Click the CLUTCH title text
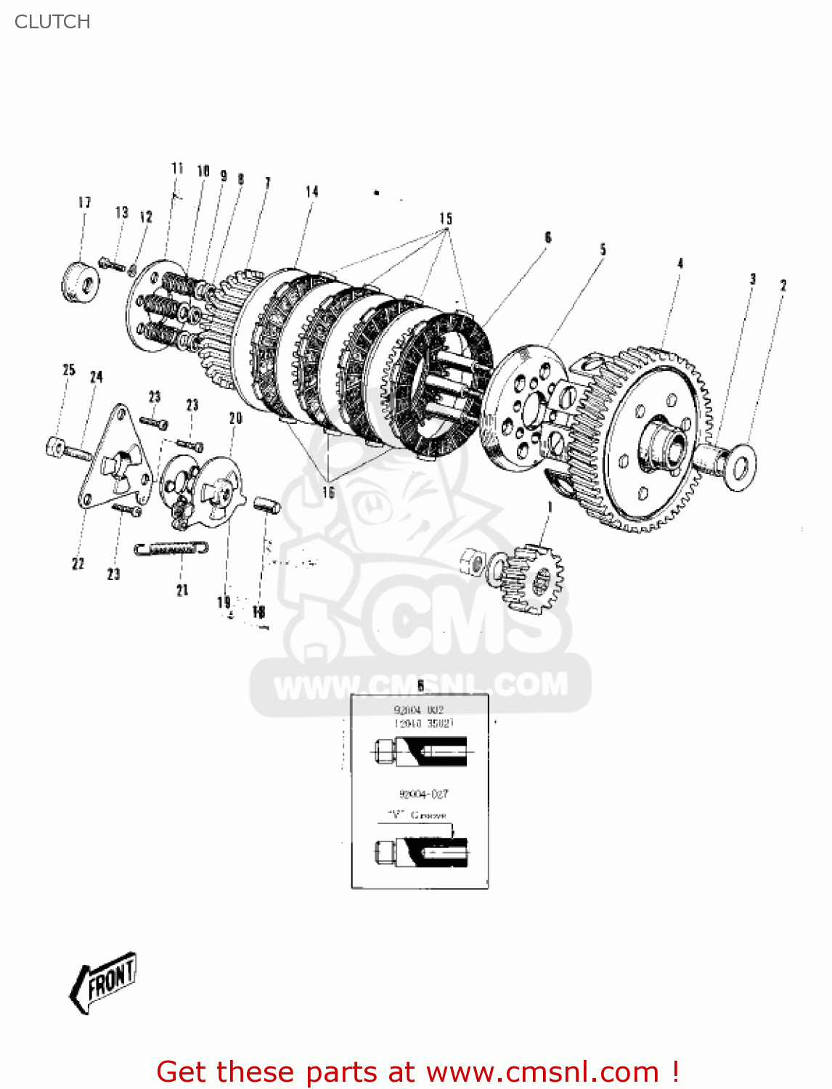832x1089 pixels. [x=52, y=22]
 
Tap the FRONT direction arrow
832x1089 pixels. [x=104, y=983]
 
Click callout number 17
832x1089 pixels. [x=84, y=203]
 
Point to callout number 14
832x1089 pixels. [x=311, y=192]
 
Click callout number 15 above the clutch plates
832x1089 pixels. [x=445, y=219]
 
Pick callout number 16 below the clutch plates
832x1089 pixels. [x=328, y=492]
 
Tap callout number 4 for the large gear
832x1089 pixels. [x=680, y=263]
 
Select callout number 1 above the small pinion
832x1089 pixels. [x=550, y=507]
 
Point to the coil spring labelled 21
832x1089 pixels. [x=171, y=548]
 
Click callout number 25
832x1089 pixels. [x=69, y=370]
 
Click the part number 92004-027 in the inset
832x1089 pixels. [x=423, y=794]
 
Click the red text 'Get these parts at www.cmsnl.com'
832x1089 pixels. [x=417, y=1072]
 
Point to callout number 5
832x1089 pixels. [x=603, y=250]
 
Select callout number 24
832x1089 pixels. [x=96, y=377]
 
